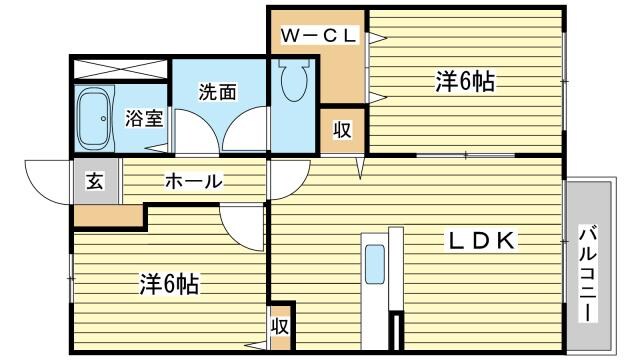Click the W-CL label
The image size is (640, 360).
318,36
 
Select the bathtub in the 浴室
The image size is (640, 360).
97,117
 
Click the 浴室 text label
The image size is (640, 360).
143,118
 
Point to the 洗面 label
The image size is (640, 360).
217,92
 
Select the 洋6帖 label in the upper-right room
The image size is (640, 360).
465,83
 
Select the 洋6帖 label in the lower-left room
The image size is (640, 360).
167,285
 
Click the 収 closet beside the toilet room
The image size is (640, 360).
342,130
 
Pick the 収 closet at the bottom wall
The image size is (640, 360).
279,327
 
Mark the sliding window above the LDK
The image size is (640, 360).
465,156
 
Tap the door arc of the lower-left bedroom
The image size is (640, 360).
240,228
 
